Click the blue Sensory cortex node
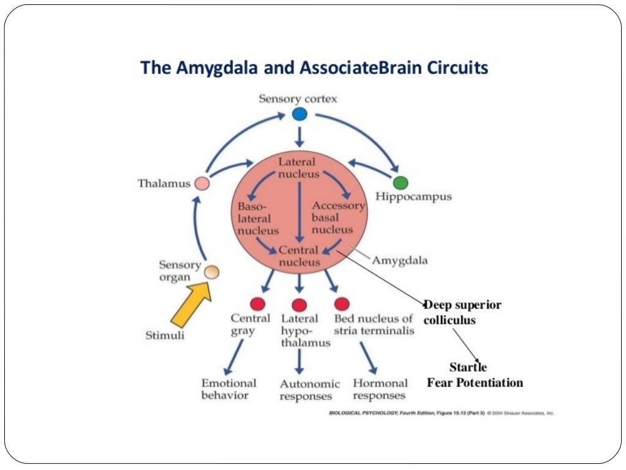pos(299,114)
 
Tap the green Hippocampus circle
pos(400,182)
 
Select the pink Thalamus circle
pos(201,183)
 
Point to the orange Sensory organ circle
pos(212,272)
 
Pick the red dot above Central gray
pos(257,304)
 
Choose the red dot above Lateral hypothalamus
pos(299,304)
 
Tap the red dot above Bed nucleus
pos(342,303)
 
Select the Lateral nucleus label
pos(298,168)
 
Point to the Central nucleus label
pos(299,256)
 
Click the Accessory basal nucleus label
pos(337,218)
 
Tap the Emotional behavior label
pos(229,389)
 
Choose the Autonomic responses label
pos(309,390)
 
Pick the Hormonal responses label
pos(380,389)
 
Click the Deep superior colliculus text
pos(462,312)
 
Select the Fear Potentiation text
pos(474,383)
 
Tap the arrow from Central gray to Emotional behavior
pos(234,357)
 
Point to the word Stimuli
pos(164,335)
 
